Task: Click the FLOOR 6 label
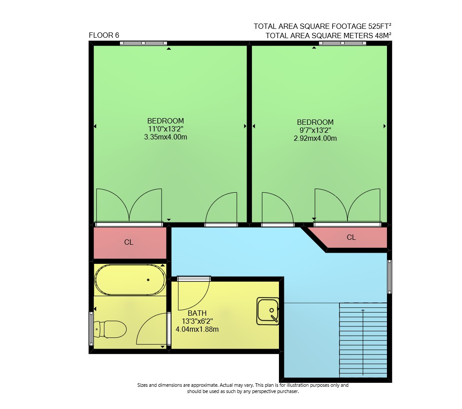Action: (x=104, y=36)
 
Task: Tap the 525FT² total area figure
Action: (x=380, y=26)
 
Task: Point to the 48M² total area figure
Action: (x=383, y=36)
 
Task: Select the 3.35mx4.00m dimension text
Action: (x=166, y=137)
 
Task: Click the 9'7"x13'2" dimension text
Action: (x=315, y=130)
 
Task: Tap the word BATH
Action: (x=197, y=313)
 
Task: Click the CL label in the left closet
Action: (x=129, y=242)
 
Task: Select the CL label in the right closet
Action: (x=351, y=237)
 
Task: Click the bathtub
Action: (x=130, y=280)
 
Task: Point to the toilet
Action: (x=110, y=329)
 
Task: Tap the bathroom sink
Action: (x=268, y=311)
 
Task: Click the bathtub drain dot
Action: (x=148, y=280)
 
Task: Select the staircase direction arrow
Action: (x=362, y=342)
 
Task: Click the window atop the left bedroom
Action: (x=143, y=43)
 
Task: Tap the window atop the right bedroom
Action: (x=343, y=43)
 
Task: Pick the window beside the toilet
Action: (x=92, y=329)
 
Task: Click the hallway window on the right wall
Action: (x=390, y=277)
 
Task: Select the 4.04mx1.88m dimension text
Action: (x=197, y=329)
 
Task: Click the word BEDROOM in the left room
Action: (x=166, y=121)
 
